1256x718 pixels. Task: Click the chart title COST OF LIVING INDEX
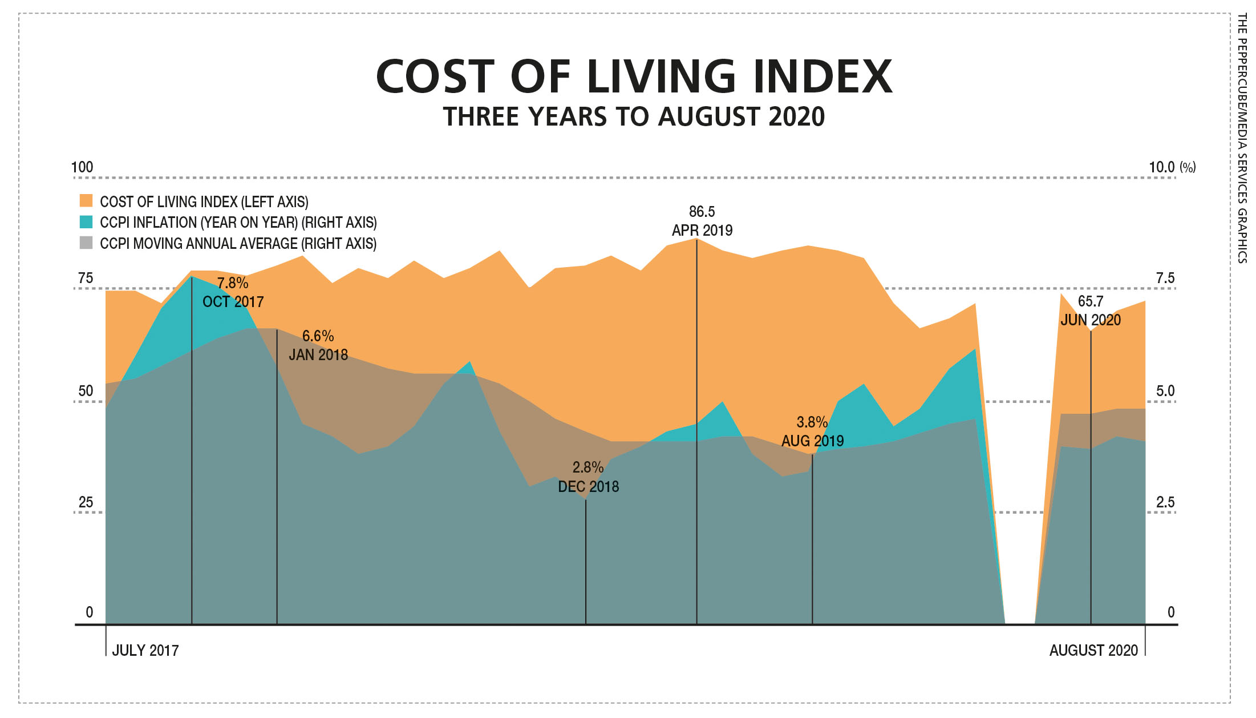point(634,77)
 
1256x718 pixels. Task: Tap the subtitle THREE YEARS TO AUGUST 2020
point(634,117)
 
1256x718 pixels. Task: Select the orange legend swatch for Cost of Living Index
point(86,201)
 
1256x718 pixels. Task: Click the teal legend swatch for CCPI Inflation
point(86,222)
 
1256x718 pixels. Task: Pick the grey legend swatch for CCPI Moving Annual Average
point(86,243)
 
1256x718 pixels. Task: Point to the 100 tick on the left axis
point(82,167)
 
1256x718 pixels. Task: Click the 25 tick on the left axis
point(86,502)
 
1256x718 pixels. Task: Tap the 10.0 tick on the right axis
point(1162,167)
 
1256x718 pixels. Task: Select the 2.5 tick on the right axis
point(1165,502)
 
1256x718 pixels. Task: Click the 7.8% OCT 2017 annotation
point(233,292)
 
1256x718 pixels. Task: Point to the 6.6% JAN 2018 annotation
point(318,345)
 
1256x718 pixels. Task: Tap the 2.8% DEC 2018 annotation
point(588,477)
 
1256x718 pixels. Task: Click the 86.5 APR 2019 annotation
point(702,221)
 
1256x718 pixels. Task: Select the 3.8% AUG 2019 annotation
point(812,431)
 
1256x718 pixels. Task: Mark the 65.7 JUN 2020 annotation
point(1091,310)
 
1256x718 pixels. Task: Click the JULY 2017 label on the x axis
point(145,651)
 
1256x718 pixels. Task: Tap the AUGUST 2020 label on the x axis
point(1093,651)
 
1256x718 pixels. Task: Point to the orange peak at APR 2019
point(696,239)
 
